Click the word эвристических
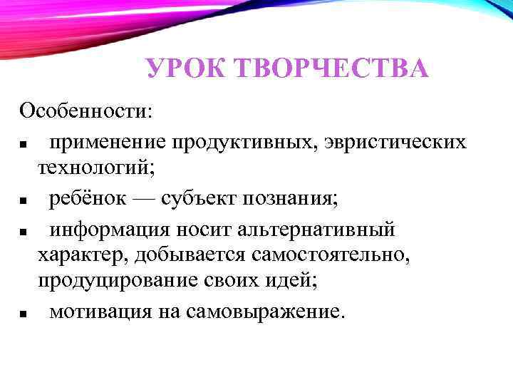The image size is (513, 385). coord(395,142)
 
